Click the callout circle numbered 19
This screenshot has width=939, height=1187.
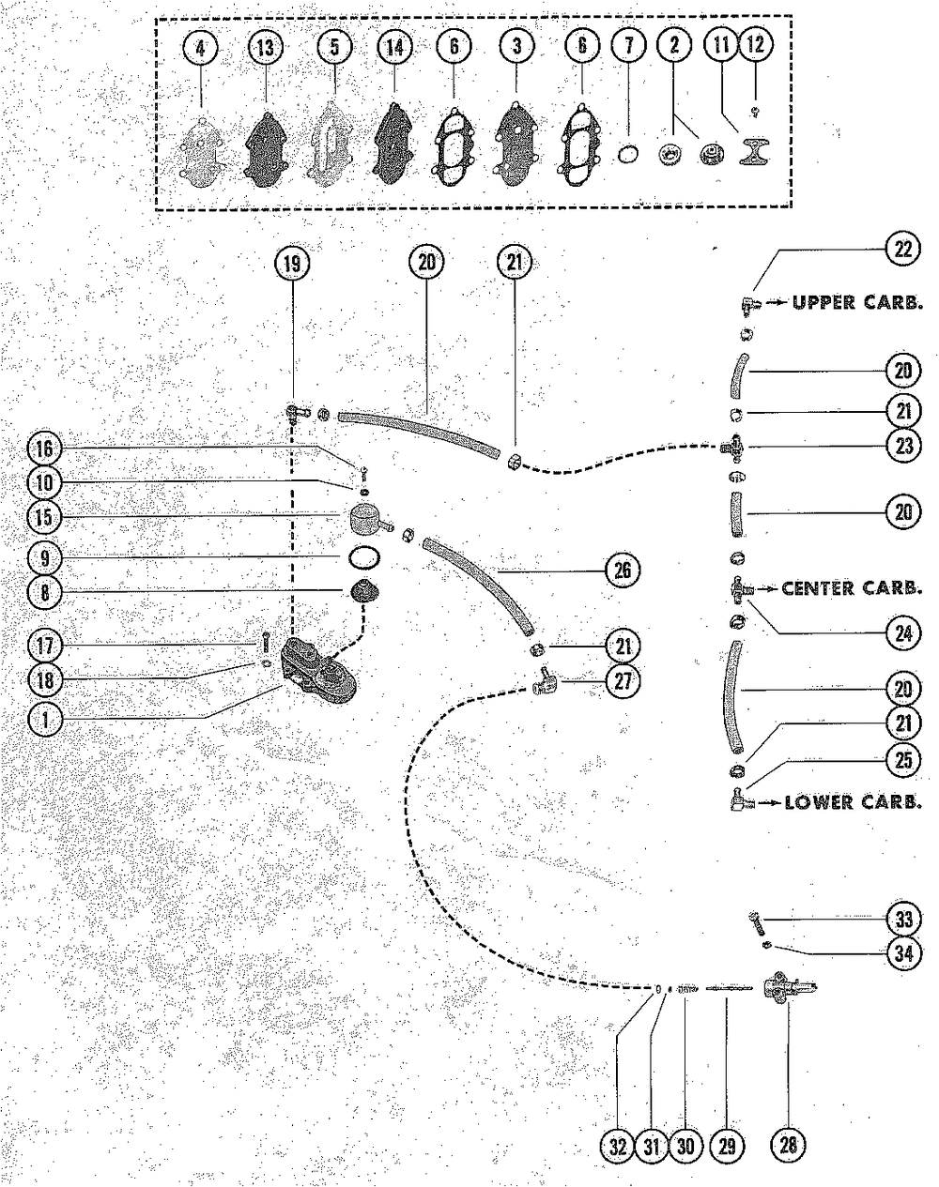pyautogui.click(x=293, y=264)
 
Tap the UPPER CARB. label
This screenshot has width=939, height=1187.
pyautogui.click(x=856, y=303)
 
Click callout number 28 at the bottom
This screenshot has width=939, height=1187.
pyautogui.click(x=787, y=1146)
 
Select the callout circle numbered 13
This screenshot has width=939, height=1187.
pyautogui.click(x=266, y=47)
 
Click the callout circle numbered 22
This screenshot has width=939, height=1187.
pyautogui.click(x=902, y=249)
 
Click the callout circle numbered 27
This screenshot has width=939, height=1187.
pyautogui.click(x=622, y=683)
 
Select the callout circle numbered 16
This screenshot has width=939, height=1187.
pyautogui.click(x=43, y=448)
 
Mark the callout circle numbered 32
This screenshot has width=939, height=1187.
pyautogui.click(x=618, y=1146)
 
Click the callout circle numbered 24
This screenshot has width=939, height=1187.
pyautogui.click(x=902, y=633)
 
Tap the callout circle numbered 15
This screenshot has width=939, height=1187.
pyautogui.click(x=43, y=518)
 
